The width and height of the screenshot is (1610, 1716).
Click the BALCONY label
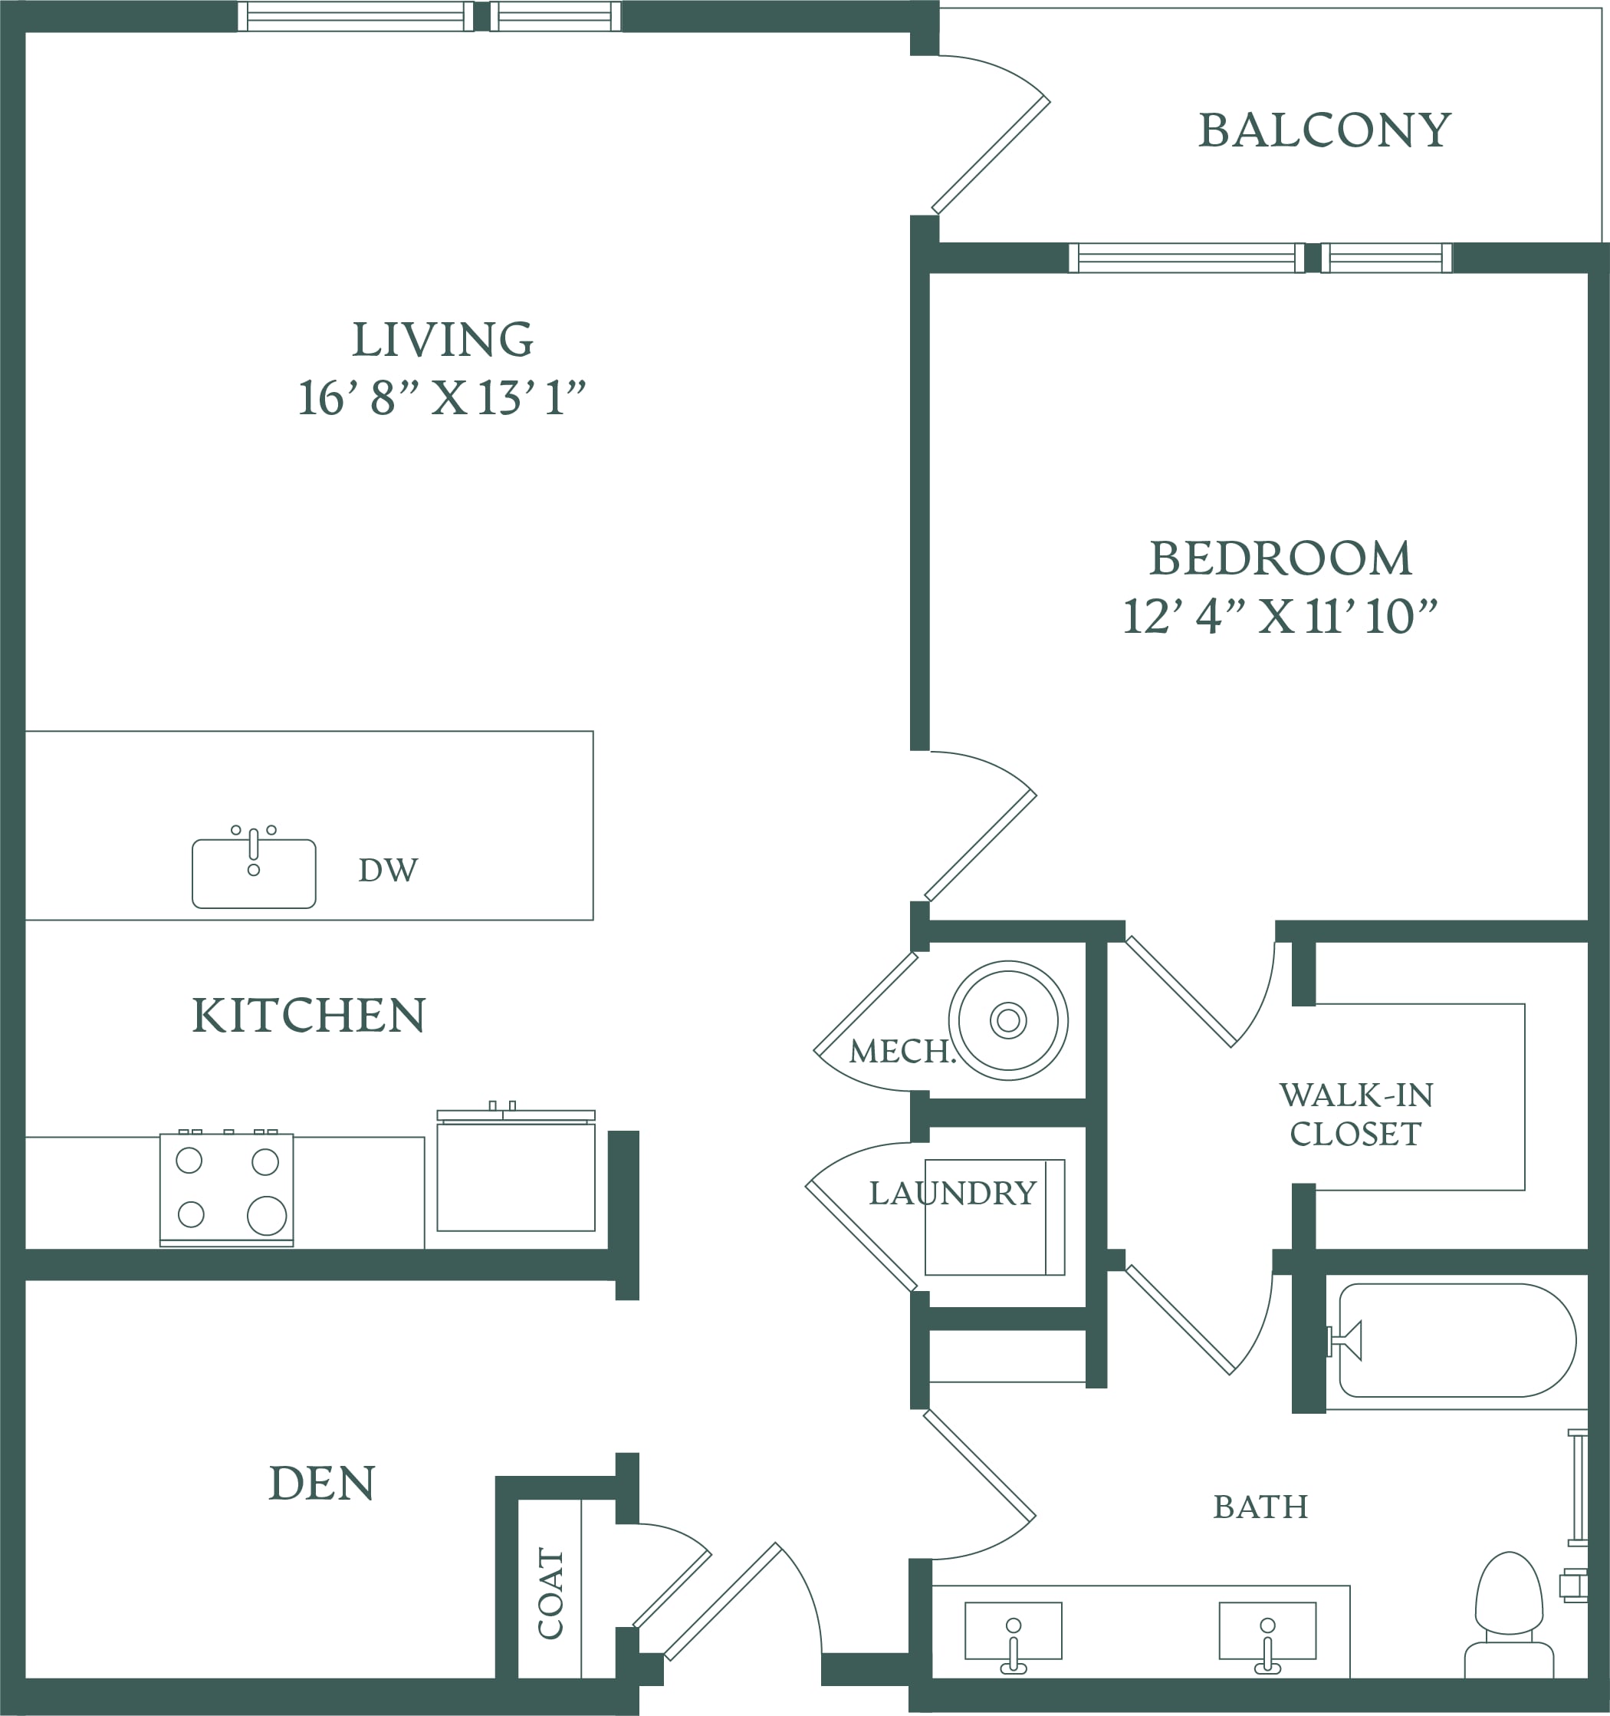click(1324, 131)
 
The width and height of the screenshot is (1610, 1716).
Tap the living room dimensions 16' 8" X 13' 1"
click(442, 398)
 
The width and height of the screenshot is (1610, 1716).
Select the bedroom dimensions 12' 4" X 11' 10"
click(1280, 616)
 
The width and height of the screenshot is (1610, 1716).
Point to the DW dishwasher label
click(388, 870)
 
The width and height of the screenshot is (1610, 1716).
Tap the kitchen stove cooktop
click(227, 1187)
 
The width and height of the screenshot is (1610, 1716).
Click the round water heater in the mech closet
click(1007, 1020)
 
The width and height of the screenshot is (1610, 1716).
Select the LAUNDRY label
click(951, 1193)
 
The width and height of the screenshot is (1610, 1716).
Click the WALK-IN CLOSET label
click(1355, 1115)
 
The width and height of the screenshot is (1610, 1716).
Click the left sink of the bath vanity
click(1013, 1635)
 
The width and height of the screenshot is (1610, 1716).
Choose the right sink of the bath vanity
click(1267, 1635)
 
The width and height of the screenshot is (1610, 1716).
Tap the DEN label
click(322, 1483)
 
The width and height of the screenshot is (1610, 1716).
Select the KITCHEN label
click(308, 1015)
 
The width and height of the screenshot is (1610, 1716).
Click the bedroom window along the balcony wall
click(1260, 257)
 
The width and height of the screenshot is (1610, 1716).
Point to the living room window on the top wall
click(429, 15)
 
